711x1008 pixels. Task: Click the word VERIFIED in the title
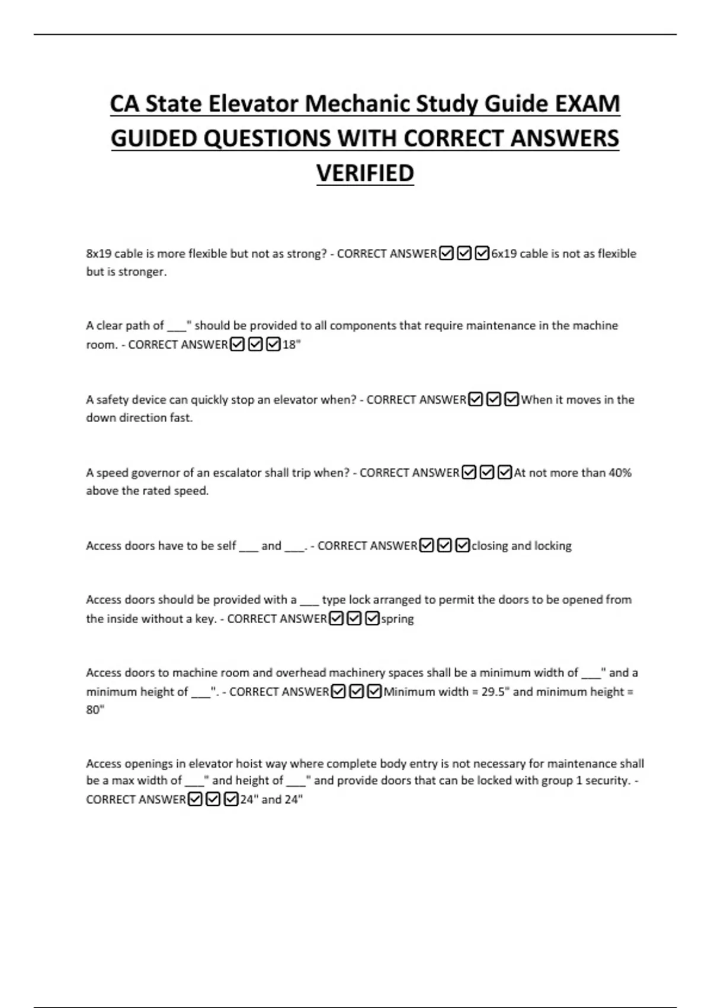point(365,173)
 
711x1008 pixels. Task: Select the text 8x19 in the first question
point(98,254)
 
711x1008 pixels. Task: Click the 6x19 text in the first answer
point(504,254)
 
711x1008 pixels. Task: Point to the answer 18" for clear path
point(292,344)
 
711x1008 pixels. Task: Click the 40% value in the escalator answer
point(620,473)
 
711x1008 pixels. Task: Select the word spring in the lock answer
point(397,619)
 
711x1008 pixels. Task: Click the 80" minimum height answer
point(95,710)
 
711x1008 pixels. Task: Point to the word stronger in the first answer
point(142,272)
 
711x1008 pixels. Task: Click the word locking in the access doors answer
point(552,546)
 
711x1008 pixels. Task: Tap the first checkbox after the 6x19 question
point(447,254)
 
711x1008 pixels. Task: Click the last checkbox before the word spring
point(372,619)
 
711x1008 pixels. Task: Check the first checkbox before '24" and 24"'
point(194,800)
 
